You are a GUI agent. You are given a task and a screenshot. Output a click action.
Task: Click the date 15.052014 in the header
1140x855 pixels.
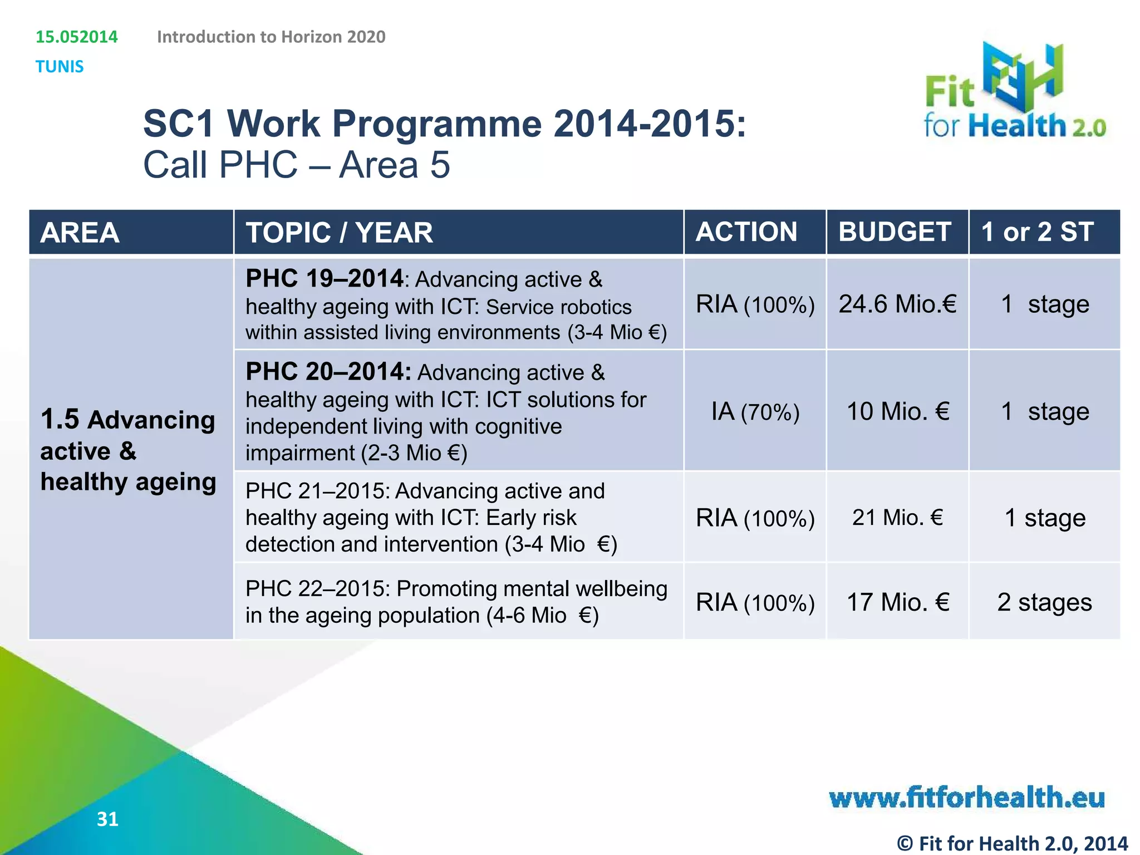[x=77, y=37]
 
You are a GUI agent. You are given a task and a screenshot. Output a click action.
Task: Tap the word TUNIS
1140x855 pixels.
[x=60, y=67]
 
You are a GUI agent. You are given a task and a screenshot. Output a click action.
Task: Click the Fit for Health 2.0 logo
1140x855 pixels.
[x=1014, y=92]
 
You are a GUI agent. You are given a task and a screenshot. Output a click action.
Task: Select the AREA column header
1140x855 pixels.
[x=80, y=233]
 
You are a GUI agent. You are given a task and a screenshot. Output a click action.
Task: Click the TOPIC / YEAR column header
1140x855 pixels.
[x=340, y=233]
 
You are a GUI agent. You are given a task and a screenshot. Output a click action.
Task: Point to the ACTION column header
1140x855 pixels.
[x=746, y=232]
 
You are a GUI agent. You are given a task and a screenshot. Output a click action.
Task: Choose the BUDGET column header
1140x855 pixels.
[x=895, y=232]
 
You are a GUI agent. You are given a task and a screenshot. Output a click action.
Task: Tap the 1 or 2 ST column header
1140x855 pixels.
[x=1037, y=232]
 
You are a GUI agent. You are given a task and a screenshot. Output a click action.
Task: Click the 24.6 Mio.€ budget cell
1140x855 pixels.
[x=897, y=304]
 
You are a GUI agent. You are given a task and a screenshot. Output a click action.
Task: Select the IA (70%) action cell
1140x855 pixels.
[x=755, y=412]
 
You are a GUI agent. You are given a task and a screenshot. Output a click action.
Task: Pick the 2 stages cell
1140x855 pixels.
[x=1044, y=602]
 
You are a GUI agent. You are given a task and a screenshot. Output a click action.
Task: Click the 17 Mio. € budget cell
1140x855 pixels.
[x=897, y=602]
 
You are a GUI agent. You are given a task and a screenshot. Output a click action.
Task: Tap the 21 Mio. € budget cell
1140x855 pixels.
[x=897, y=518]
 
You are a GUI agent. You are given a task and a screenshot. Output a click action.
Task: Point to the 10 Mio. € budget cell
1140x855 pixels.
[x=897, y=412]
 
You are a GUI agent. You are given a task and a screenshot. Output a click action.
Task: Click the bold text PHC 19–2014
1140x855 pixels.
[x=325, y=278]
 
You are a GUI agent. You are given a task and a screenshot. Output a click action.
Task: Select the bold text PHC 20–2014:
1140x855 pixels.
[x=328, y=371]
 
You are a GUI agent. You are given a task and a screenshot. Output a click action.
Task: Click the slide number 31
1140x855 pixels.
[x=107, y=819]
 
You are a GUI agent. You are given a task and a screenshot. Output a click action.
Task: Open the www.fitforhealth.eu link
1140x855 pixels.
[x=967, y=797]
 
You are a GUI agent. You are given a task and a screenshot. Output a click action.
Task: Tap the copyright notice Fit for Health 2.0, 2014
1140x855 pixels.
[x=1013, y=843]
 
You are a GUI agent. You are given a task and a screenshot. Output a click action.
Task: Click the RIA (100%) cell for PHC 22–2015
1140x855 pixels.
[x=755, y=603]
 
